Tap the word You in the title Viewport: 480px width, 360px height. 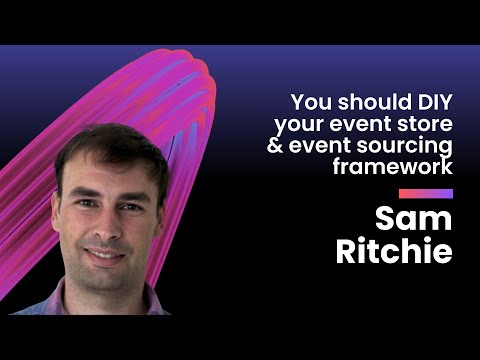(310, 102)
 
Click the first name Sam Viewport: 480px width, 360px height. (413, 218)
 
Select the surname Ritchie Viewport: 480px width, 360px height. (394, 251)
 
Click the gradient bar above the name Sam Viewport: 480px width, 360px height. (425, 193)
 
